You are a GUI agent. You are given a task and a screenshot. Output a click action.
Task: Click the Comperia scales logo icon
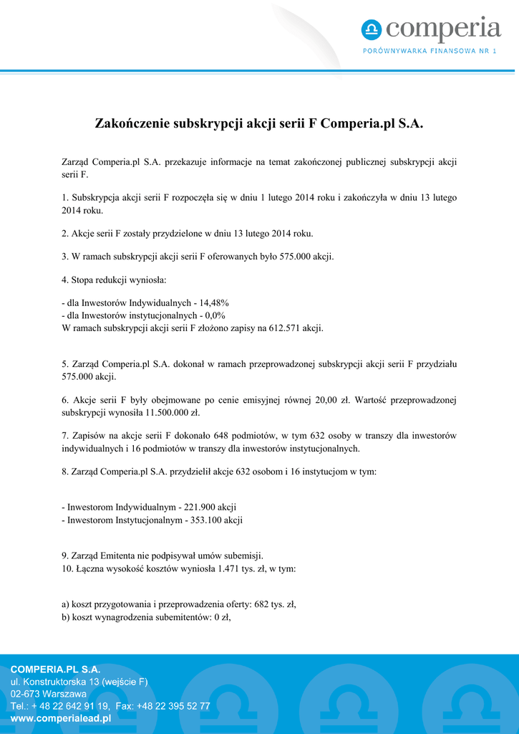click(x=372, y=30)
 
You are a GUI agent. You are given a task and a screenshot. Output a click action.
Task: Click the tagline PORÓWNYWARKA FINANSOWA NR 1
click(x=430, y=51)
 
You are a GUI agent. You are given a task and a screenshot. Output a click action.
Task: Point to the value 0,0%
click(x=213, y=315)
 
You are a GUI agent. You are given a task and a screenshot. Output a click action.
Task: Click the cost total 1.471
click(x=223, y=568)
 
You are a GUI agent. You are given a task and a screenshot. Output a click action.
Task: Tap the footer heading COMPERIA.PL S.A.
click(x=55, y=669)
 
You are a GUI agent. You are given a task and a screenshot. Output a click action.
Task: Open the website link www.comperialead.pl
click(x=60, y=718)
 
